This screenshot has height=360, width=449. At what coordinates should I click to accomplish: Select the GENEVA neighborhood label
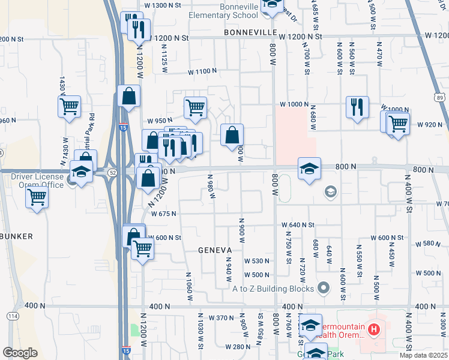pos(215,250)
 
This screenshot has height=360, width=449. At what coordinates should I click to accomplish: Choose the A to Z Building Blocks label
pos(274,289)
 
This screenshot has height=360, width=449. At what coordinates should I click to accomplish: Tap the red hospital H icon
pos(374,329)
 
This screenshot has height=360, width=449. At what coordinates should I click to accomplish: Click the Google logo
pos(20,352)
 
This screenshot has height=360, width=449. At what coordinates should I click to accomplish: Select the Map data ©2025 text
pos(423,355)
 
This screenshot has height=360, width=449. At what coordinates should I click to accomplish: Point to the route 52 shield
pos(112,173)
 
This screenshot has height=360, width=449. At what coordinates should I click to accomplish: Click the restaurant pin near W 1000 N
pos(357,107)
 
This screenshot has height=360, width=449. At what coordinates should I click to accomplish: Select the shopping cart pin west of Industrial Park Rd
pos(69,107)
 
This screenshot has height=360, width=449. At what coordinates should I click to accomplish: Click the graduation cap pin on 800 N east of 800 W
pos(309,169)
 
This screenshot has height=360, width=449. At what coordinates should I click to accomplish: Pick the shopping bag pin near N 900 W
pos(232,135)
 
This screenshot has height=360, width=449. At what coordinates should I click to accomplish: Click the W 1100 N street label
pos(202,71)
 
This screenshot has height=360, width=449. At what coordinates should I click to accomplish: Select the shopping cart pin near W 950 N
pos(195,108)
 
